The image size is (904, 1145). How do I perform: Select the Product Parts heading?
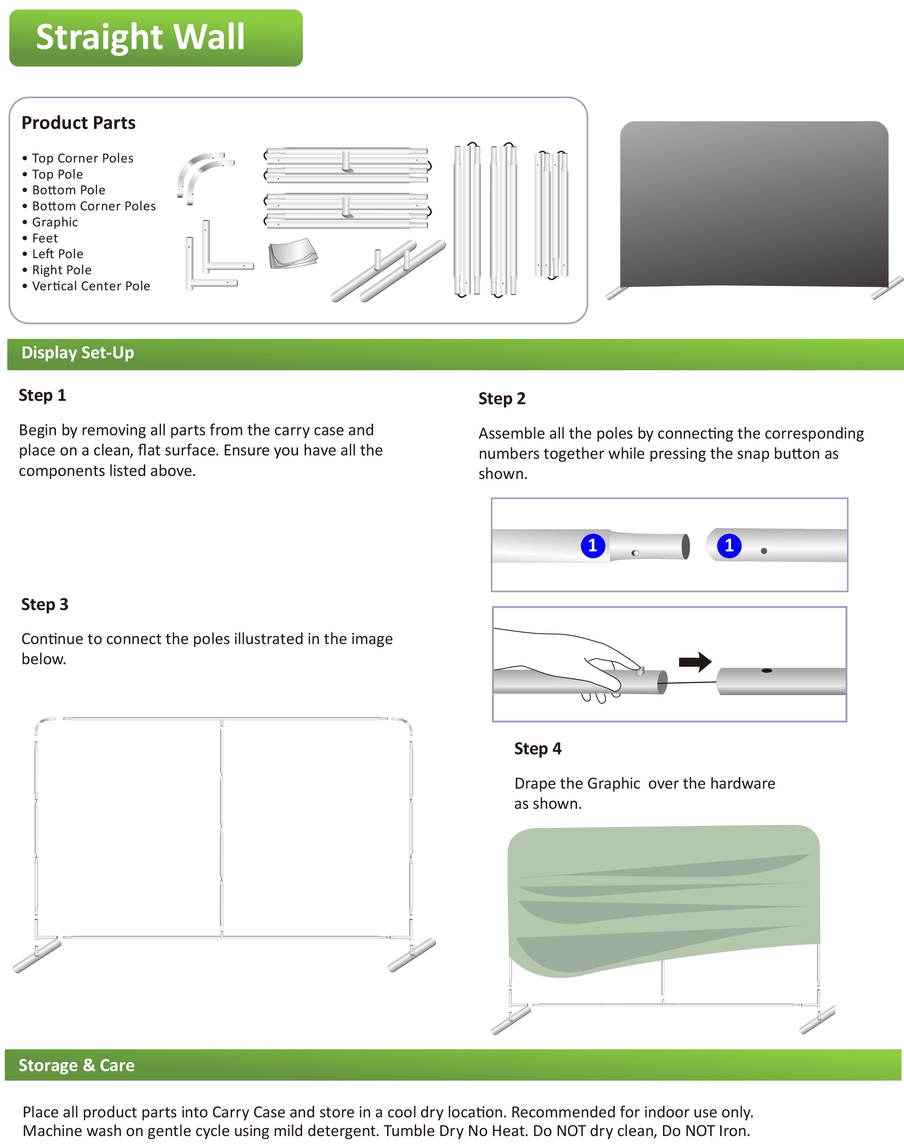tap(78, 123)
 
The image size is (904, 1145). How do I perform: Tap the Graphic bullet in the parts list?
tap(55, 222)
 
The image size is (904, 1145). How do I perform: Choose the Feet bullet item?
tap(45, 238)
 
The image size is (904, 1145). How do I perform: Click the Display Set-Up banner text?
tap(78, 353)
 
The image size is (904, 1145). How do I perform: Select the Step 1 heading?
tap(42, 396)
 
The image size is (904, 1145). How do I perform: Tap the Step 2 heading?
tap(502, 399)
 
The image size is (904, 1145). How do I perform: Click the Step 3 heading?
tap(45, 604)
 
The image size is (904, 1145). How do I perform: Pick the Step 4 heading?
tap(538, 749)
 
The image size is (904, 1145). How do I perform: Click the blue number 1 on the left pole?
tap(593, 545)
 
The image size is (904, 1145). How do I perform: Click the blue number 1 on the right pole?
tap(729, 545)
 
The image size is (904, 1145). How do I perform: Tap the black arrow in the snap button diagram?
tap(695, 662)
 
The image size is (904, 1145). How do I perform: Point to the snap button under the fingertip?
tap(640, 671)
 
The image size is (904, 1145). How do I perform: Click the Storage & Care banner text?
tap(77, 1065)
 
